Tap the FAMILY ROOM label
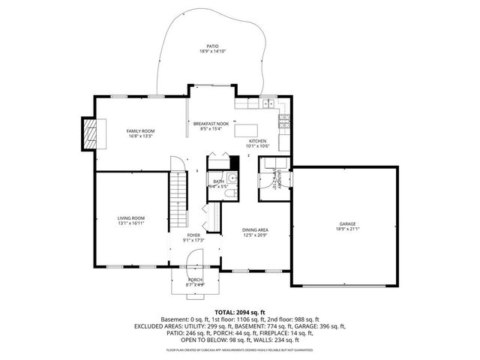[140, 130]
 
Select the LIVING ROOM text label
[130, 217]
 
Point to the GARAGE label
[346, 223]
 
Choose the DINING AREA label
[255, 230]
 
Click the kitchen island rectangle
[252, 130]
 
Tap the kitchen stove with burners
[284, 119]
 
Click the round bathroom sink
[232, 178]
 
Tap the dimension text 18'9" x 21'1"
[346, 229]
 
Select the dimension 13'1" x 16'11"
[130, 223]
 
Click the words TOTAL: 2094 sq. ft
[240, 311]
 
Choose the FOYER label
[193, 235]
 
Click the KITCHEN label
[258, 141]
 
